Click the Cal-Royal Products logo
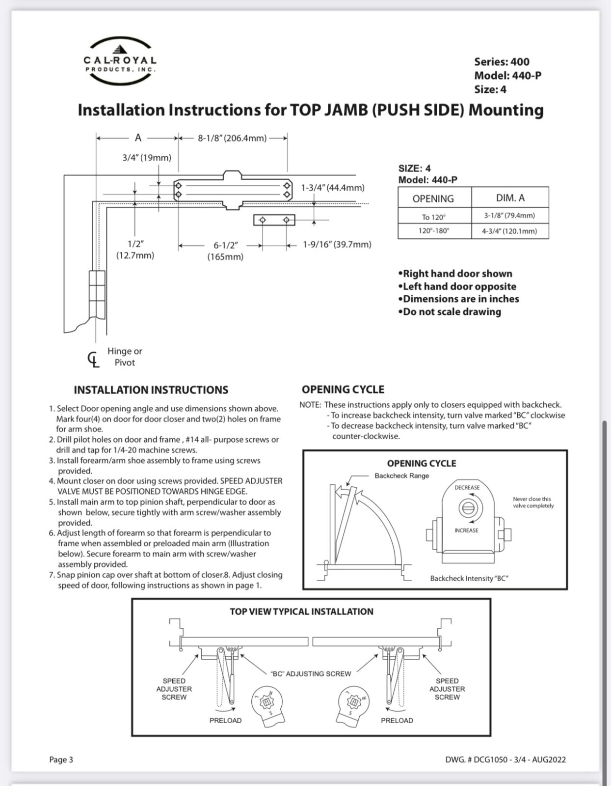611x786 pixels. tap(120, 61)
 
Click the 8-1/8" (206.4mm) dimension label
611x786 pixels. tap(232, 138)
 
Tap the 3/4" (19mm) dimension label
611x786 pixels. tap(147, 158)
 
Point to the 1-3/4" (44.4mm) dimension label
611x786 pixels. tap(333, 188)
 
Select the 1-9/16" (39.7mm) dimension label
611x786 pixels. tap(337, 245)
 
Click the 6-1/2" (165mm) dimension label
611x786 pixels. tap(225, 251)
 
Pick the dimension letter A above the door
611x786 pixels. tap(138, 138)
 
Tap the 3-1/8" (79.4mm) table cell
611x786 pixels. tap(509, 216)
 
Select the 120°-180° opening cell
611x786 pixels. tap(434, 231)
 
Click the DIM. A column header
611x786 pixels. tap(510, 198)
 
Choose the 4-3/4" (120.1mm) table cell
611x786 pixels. tap(509, 231)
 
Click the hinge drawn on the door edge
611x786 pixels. tap(97, 295)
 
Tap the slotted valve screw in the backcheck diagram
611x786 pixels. tap(468, 508)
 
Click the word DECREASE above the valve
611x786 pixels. tap(467, 488)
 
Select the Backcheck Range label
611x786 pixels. tap(402, 476)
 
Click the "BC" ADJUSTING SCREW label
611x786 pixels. tap(311, 674)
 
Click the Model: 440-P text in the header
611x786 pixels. tap(507, 76)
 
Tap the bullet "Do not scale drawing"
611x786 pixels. tap(450, 312)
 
